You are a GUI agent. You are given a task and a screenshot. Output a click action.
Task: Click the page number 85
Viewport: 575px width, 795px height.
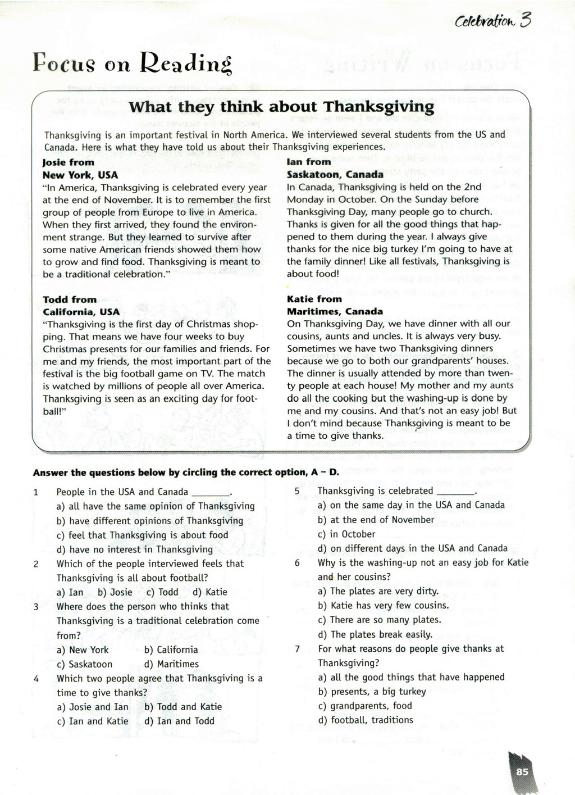pyautogui.click(x=522, y=771)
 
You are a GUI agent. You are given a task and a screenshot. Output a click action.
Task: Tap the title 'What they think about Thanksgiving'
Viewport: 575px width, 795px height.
pyautogui.click(x=281, y=107)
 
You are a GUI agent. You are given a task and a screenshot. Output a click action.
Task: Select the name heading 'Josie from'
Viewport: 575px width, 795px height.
pyautogui.click(x=69, y=162)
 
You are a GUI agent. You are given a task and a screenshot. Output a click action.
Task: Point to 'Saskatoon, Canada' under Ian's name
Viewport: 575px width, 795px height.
pyautogui.click(x=335, y=174)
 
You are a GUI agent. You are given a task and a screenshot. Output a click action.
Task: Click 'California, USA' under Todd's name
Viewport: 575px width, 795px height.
pyautogui.click(x=81, y=312)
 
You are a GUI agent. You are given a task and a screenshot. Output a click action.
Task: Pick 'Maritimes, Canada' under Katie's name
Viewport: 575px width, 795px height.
pyautogui.click(x=335, y=311)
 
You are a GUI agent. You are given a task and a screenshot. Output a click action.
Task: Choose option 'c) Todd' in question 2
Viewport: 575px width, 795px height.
pyautogui.click(x=162, y=592)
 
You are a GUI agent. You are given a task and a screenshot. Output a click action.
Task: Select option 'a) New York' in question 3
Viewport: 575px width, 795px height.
pyautogui.click(x=83, y=650)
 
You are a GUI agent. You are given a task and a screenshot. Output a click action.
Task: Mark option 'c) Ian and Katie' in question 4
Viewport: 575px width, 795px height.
pyautogui.click(x=93, y=721)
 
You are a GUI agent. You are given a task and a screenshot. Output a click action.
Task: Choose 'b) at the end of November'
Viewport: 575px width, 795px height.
pyautogui.click(x=375, y=520)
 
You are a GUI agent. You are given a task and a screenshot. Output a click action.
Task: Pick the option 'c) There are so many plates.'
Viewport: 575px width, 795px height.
pyautogui.click(x=379, y=620)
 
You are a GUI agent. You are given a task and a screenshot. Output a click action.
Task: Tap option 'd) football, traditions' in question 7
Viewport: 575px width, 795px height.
pyautogui.click(x=365, y=720)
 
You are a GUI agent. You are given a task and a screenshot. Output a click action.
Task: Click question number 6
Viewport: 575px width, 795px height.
pyautogui.click(x=297, y=563)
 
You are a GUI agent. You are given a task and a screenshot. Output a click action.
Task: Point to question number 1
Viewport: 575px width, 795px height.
pyautogui.click(x=36, y=493)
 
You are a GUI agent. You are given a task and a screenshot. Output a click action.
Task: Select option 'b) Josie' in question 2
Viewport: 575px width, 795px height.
pyautogui.click(x=115, y=592)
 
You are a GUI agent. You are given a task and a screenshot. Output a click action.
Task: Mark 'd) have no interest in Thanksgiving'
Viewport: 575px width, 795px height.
pyautogui.click(x=135, y=549)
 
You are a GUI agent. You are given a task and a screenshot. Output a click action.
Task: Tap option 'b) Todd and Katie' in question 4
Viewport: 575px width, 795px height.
pyautogui.click(x=183, y=707)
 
